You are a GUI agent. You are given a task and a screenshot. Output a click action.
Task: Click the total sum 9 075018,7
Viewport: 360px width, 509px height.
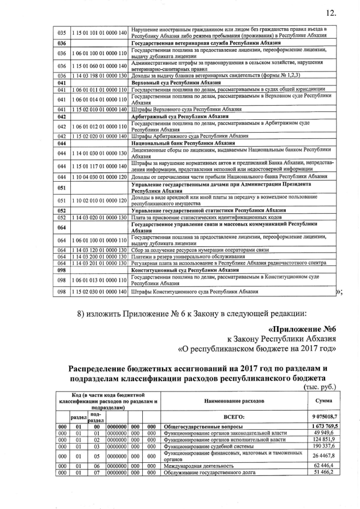pos(323,416)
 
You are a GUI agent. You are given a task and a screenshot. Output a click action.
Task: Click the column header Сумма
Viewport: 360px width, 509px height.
pos(323,400)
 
